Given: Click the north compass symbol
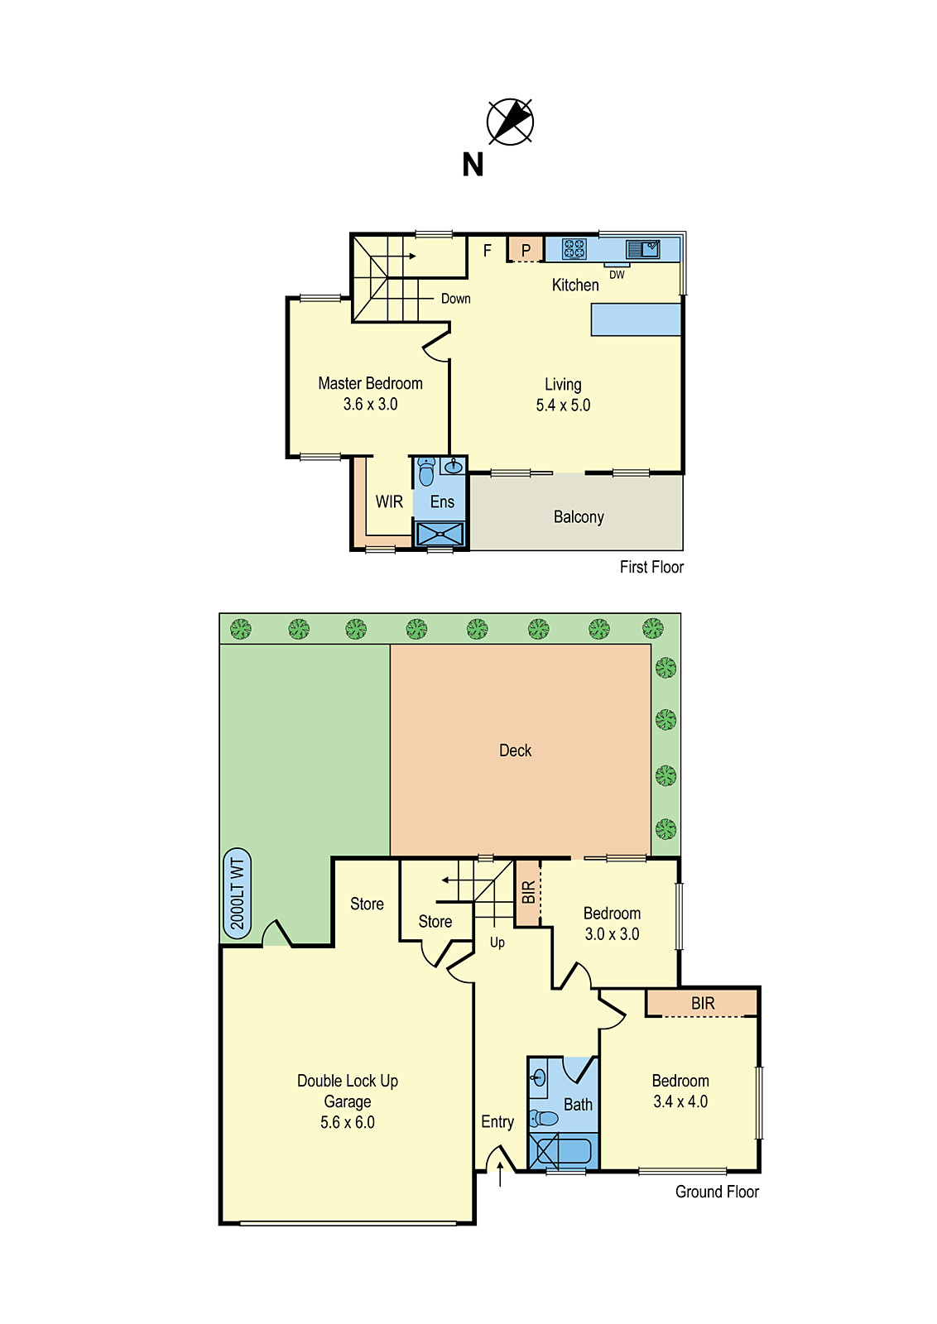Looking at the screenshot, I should pos(510,122).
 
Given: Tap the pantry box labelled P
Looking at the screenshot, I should pos(525,249).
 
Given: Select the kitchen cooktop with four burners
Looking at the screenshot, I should pos(574,248).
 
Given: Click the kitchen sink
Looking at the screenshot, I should pos(642,248).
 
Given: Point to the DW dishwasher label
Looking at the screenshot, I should pos(617,275).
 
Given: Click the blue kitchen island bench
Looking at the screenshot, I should pos(636,319).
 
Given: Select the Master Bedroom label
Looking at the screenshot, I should pos(370,384).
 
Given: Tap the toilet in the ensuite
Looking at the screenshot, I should pos(426,473).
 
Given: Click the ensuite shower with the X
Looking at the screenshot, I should pos(440,534).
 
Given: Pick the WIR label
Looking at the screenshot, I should pos(389,502).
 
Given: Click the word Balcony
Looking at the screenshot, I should pos(579,517).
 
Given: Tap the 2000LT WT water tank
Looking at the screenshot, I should pos(238,894).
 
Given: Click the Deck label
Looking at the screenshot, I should pos(515,751).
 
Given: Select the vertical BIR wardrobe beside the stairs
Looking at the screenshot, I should pos(528,893).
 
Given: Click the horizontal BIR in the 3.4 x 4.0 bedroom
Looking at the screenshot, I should pos(702,1004).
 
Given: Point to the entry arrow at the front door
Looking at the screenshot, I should pos(500,1173).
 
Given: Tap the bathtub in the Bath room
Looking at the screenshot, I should pos(563,1151).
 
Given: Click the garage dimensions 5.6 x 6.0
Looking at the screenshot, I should pos(348,1123).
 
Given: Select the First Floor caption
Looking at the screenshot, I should pos(651,567).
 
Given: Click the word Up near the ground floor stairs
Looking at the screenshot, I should pos(497,943).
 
